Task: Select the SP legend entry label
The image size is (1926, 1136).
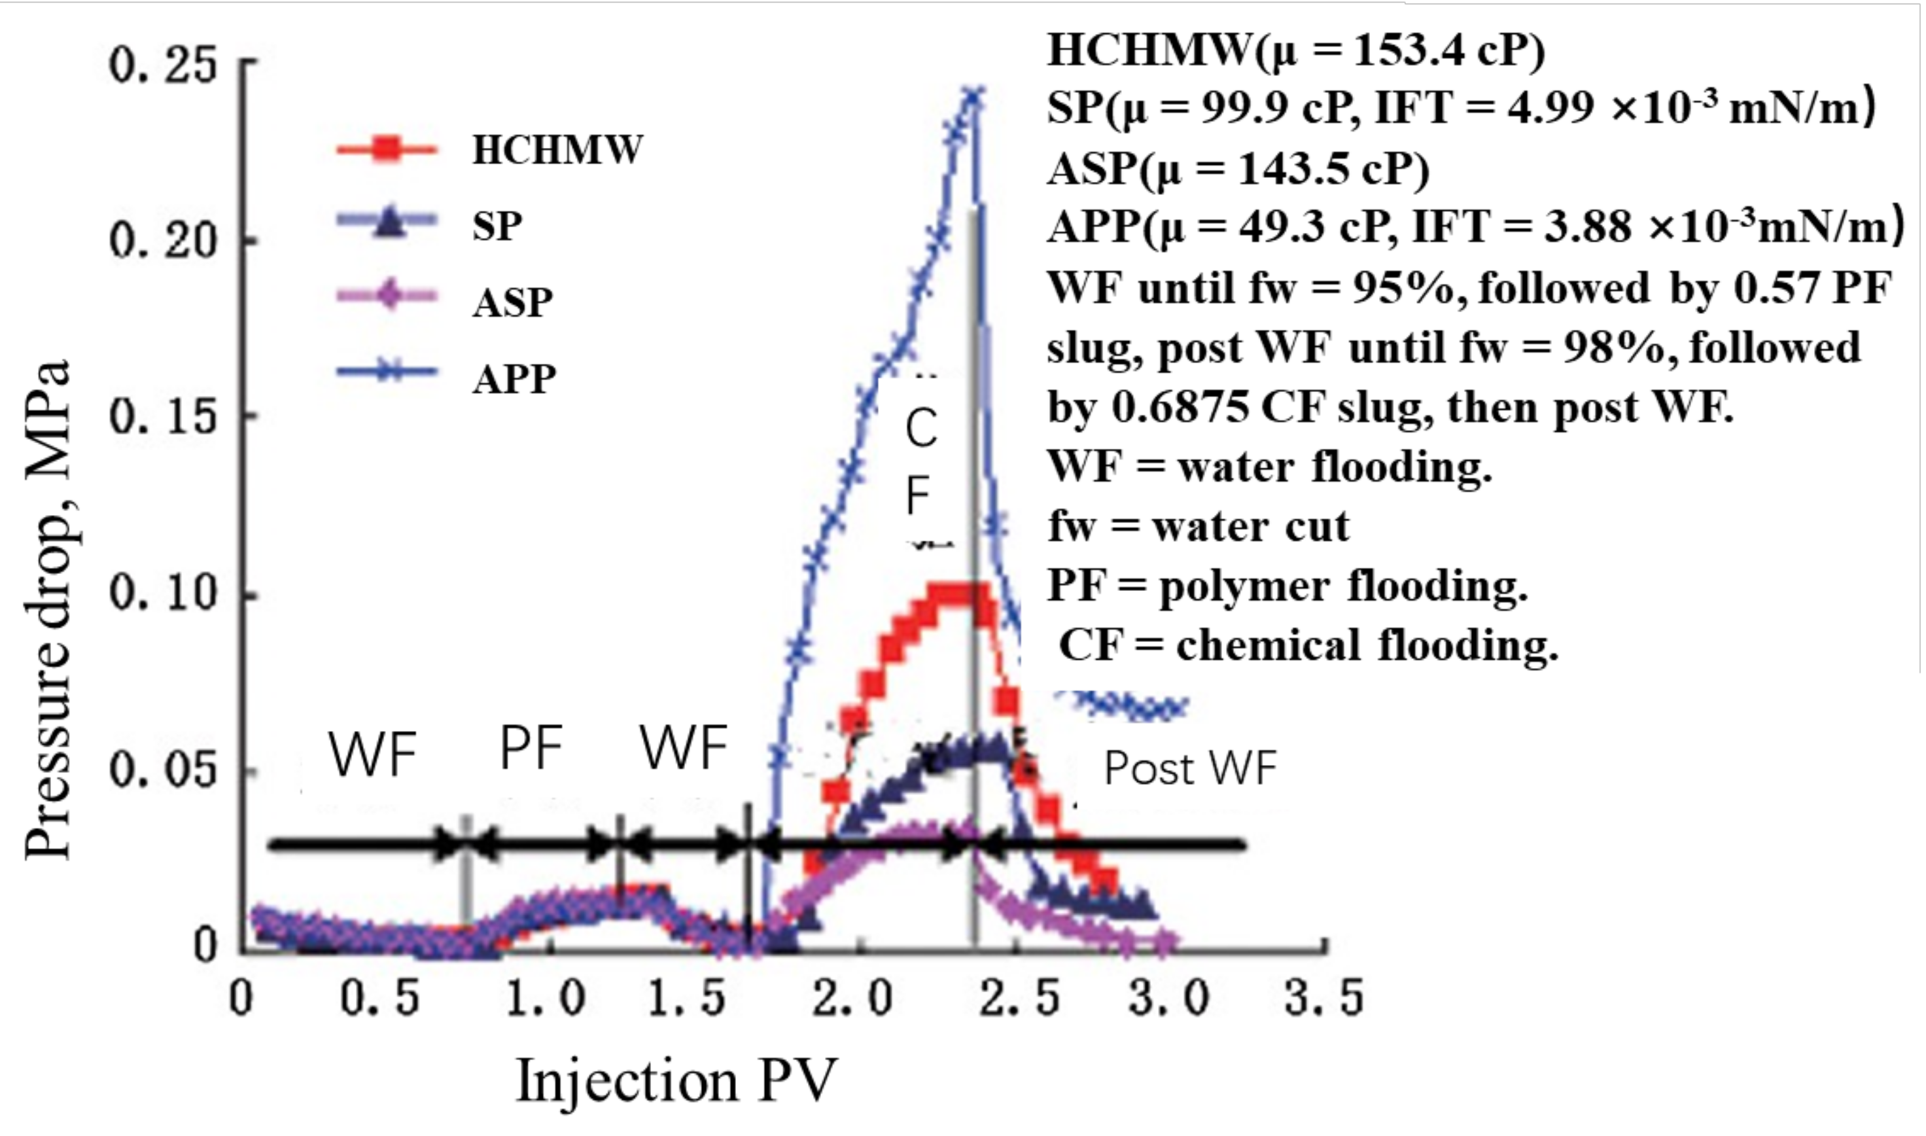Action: [x=497, y=226]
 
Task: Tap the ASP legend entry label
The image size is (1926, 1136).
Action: [x=512, y=303]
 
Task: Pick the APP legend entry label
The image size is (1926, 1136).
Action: [x=514, y=379]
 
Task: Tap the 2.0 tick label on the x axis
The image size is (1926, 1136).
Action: [x=852, y=1000]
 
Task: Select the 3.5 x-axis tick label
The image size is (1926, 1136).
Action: [x=1323, y=1000]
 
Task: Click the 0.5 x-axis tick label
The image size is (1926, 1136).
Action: [x=380, y=1000]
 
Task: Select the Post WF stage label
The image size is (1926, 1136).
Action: [x=1191, y=768]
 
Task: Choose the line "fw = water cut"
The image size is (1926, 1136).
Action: [x=1199, y=527]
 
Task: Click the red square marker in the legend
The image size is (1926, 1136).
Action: [x=388, y=149]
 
